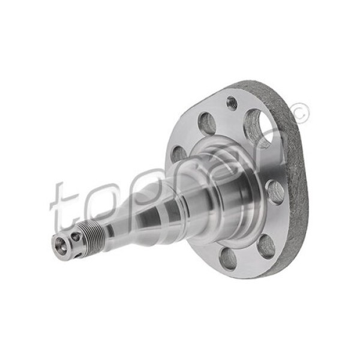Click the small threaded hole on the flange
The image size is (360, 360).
click(x=232, y=103)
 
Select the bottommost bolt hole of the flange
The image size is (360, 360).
click(x=228, y=259)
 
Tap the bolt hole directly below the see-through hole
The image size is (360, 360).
click(x=275, y=191)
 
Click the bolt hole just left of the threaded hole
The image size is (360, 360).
click(x=207, y=124)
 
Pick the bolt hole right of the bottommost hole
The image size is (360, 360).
click(x=265, y=245)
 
